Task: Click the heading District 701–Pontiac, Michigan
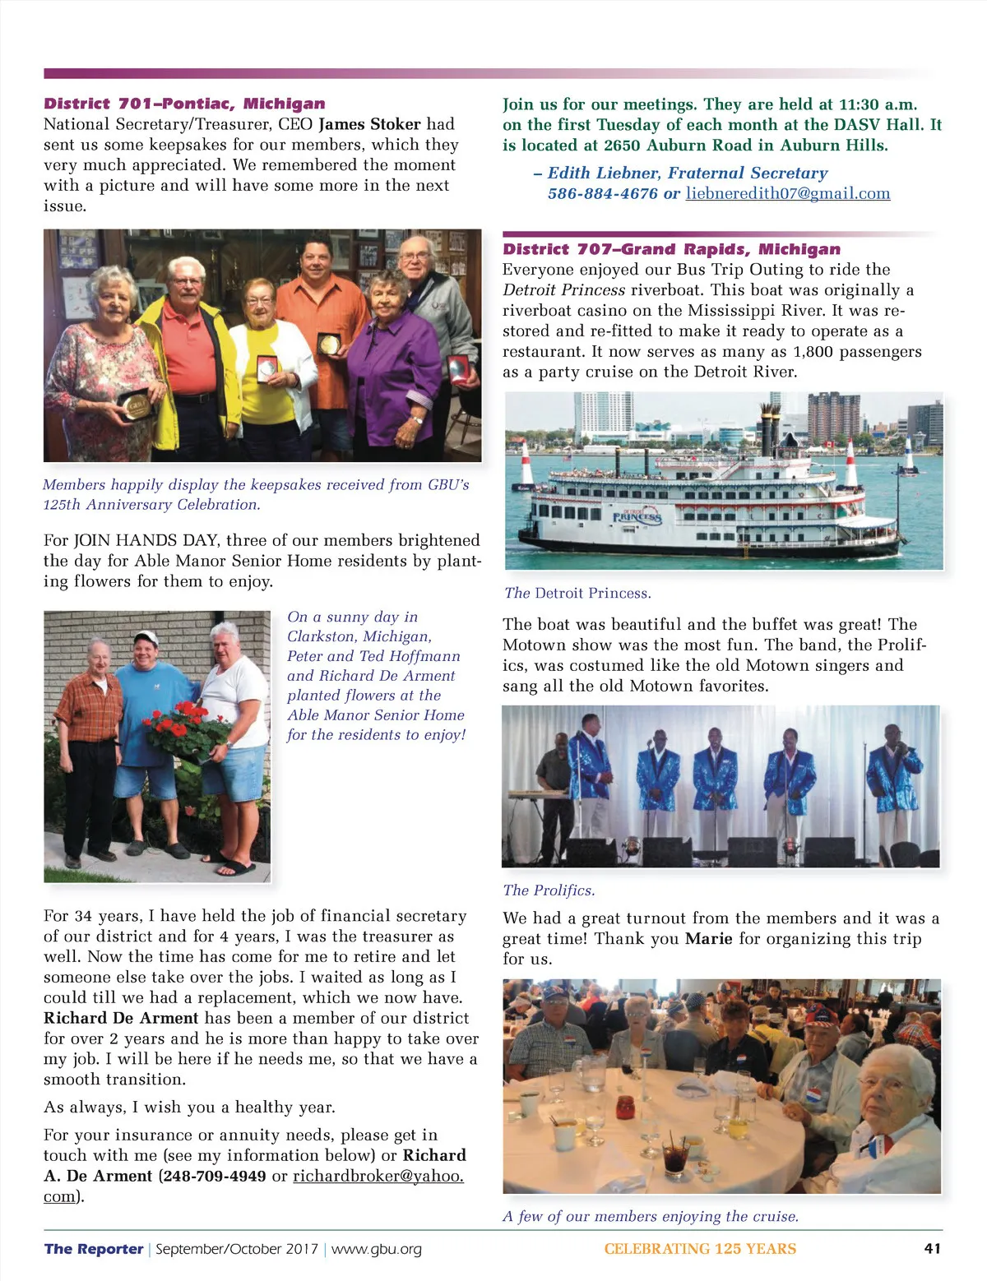click(x=184, y=104)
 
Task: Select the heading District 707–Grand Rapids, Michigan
click(x=671, y=249)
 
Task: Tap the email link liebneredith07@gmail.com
click(x=787, y=193)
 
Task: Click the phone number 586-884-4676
click(x=602, y=193)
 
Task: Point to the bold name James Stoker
click(x=369, y=124)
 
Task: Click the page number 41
click(x=932, y=1248)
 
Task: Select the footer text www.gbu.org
click(x=376, y=1249)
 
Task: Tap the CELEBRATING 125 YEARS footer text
click(x=700, y=1249)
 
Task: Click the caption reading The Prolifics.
click(x=549, y=890)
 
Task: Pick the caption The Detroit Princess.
click(x=577, y=593)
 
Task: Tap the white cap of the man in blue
click(x=146, y=637)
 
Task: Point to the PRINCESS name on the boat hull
click(x=637, y=516)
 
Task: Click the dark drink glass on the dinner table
click(x=675, y=1158)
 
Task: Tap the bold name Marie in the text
click(x=708, y=939)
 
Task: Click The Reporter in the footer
click(x=94, y=1249)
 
